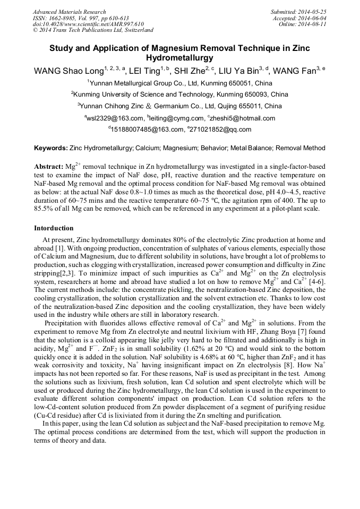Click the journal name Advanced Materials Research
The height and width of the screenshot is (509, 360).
pyautogui.click(x=69, y=12)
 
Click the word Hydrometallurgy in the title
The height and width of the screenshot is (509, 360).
pyautogui.click(x=179, y=58)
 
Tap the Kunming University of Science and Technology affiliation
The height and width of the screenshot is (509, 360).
pyautogui.click(x=181, y=94)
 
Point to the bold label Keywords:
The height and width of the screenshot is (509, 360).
pyautogui.click(x=51, y=148)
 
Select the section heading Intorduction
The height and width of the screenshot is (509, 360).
pyautogui.click(x=54, y=228)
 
